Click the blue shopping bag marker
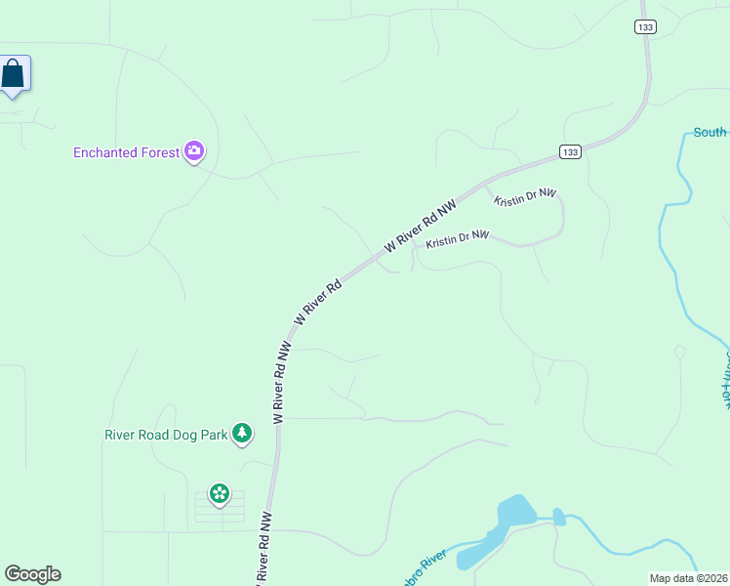point(13,74)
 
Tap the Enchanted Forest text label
point(127,152)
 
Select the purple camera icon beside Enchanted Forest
point(194,150)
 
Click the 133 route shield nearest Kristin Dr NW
point(571,151)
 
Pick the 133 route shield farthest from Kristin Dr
point(643,27)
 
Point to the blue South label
point(710,132)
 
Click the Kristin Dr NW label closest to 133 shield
point(524,197)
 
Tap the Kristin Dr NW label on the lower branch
point(457,237)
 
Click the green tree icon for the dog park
point(241,434)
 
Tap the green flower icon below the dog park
point(220,493)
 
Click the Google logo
point(32,574)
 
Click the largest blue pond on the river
point(512,514)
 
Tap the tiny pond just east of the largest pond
point(559,517)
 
